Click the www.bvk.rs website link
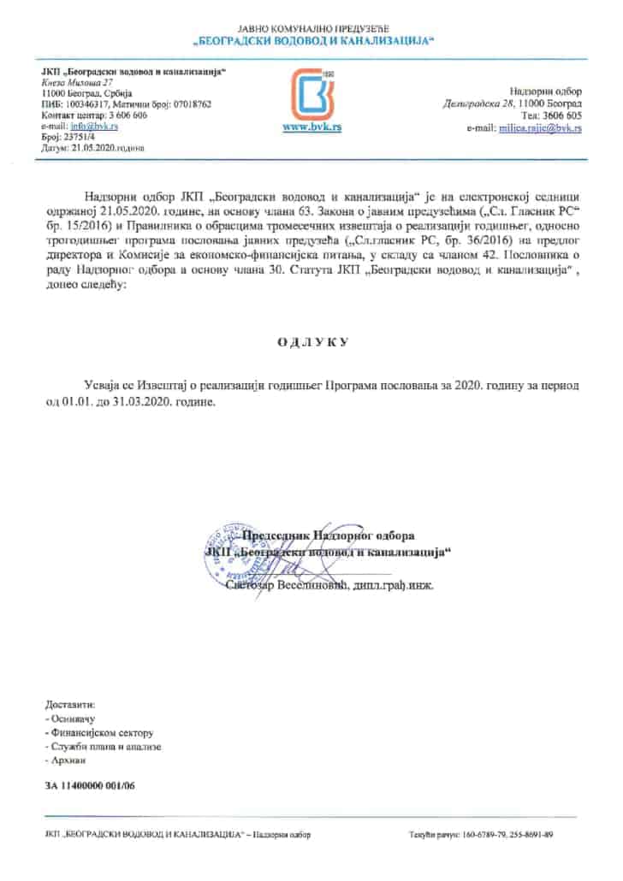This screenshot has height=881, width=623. click(x=310, y=127)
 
